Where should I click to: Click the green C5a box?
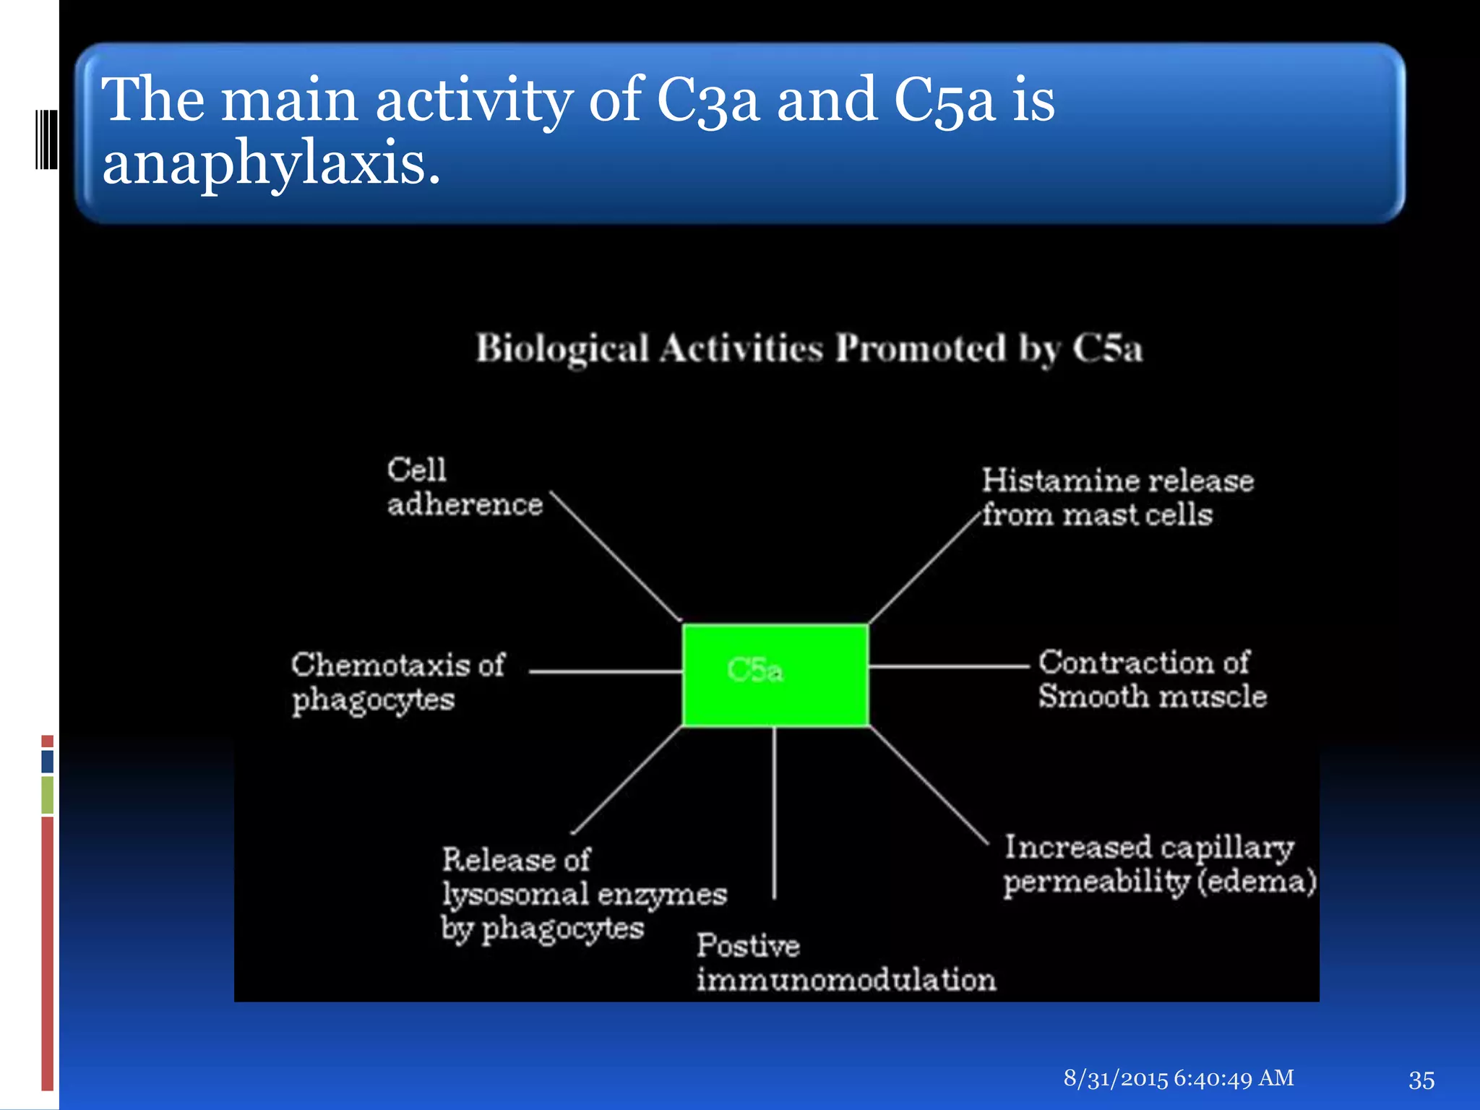pos(775,674)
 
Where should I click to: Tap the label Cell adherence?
pos(464,488)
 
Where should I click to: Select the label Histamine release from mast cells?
pos(1117,498)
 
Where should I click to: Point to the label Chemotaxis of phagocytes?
pos(397,682)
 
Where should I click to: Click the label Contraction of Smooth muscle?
pos(1152,679)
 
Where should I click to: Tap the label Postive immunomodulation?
pos(846,963)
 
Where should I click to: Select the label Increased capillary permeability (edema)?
pos(1159,864)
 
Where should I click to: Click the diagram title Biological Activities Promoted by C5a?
pos(809,348)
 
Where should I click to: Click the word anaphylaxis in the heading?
pos(271,163)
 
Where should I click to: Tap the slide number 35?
pos(1421,1080)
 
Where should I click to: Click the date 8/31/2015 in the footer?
pos(1115,1078)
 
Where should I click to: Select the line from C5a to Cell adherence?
pos(616,556)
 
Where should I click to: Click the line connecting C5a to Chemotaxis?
pos(606,671)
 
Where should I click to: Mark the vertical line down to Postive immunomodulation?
pos(774,813)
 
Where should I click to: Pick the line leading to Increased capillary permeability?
pos(929,786)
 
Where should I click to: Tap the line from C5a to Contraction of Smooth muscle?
pos(948,666)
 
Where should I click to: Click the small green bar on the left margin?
pos(48,794)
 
